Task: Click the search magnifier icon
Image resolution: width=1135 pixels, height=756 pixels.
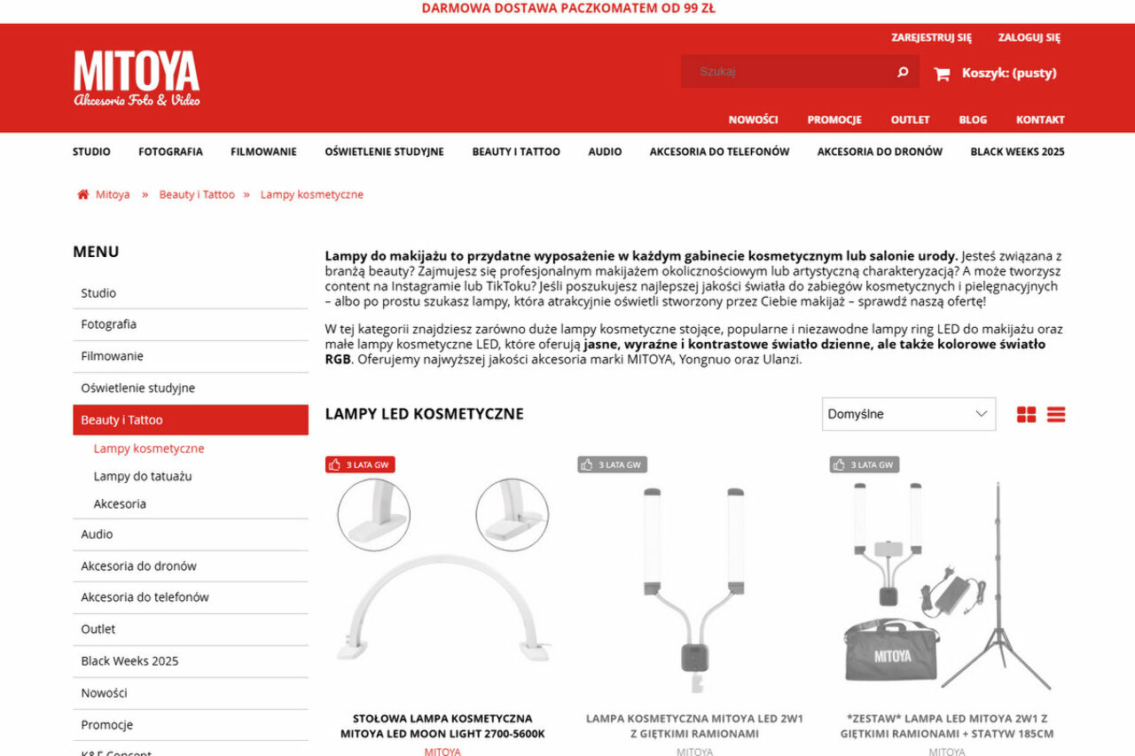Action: coord(903,72)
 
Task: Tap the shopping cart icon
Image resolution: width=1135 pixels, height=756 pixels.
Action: coord(942,74)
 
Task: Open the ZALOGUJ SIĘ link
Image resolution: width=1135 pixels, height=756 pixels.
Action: coord(1029,37)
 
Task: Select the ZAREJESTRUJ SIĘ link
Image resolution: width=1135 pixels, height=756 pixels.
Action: coord(931,37)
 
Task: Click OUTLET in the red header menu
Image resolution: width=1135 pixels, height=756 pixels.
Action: coord(910,120)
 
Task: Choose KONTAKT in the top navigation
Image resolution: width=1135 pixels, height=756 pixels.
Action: coord(1040,120)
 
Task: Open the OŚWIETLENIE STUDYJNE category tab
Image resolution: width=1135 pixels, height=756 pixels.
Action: coord(384,152)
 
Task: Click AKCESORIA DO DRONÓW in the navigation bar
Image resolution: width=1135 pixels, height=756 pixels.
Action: coord(880,152)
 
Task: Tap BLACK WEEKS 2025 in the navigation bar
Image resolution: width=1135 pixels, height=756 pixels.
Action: coord(1017,152)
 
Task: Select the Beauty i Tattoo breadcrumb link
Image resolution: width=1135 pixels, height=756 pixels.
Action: coord(197,195)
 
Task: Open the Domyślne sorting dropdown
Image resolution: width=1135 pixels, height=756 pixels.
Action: coord(908,414)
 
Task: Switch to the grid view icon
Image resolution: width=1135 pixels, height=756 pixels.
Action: coord(1026,415)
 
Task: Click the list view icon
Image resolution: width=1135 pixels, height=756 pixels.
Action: coord(1055,415)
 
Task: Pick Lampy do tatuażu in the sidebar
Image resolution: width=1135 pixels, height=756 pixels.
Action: coord(143,476)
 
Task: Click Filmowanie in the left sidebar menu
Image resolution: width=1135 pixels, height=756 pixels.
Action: coord(112,356)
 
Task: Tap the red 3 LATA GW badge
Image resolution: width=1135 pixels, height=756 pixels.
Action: coord(360,464)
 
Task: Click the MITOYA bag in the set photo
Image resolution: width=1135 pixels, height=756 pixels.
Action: coord(891,654)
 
